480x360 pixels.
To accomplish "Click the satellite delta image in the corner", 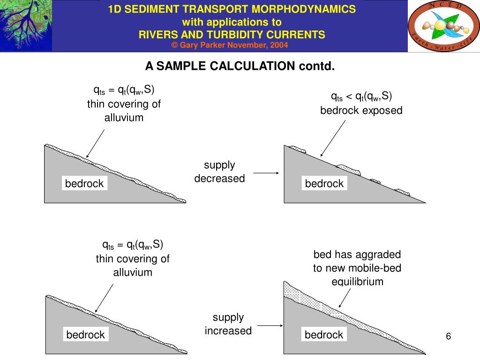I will click(x=26, y=26).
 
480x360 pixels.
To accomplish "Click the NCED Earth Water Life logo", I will click(x=443, y=26).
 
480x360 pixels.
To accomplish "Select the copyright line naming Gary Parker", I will click(x=230, y=45).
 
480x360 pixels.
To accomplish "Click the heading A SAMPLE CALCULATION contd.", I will click(x=240, y=66).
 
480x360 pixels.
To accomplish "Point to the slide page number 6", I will click(x=448, y=337).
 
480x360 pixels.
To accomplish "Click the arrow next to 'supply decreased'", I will click(x=266, y=173).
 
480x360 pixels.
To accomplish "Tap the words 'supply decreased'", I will click(x=219, y=172).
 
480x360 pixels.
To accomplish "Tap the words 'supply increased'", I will click(x=228, y=324).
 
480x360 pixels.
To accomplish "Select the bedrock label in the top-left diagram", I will click(x=84, y=183).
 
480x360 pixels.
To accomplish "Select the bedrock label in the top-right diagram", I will click(x=324, y=183).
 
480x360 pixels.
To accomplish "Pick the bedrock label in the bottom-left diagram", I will click(x=85, y=335).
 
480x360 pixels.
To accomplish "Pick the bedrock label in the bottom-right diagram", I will click(x=324, y=335).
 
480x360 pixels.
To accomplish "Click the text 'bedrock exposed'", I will click(x=361, y=111).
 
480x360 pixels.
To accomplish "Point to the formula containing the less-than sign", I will click(x=361, y=97).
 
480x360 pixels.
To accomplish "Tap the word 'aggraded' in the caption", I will click(x=377, y=255).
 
